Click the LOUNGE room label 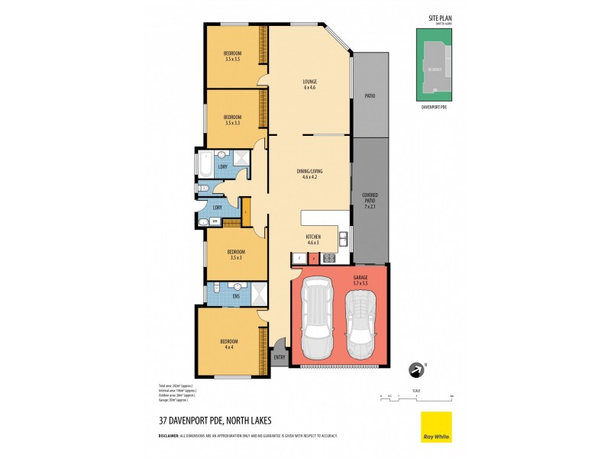coord(309,82)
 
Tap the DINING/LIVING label coord(309,171)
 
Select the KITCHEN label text coord(312,237)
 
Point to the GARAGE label coord(360,277)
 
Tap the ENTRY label coord(279,357)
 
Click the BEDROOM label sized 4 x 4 coord(229,341)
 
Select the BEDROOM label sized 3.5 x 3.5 coord(232,53)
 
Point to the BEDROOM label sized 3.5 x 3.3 coord(232,117)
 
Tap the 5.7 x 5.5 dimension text coord(360,283)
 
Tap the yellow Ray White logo coord(436,427)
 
